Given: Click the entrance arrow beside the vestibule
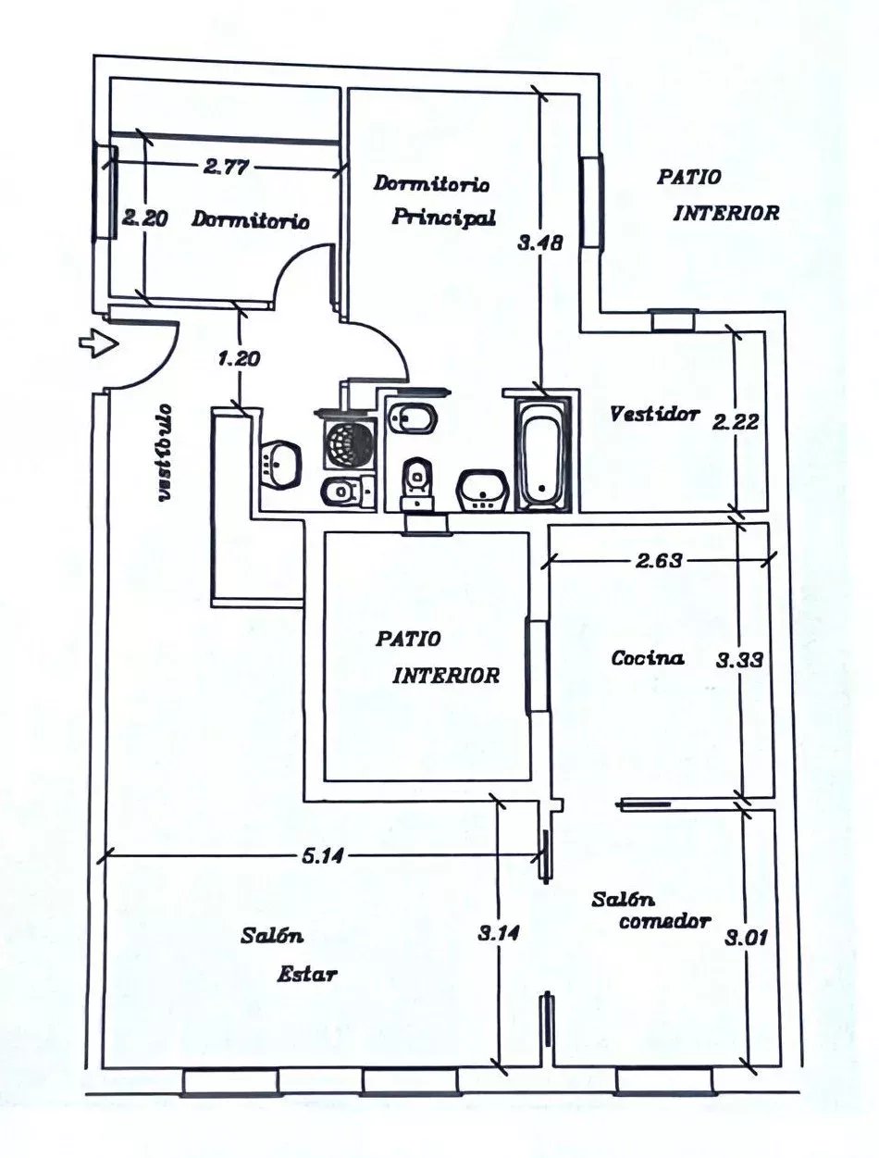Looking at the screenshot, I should [x=97, y=344].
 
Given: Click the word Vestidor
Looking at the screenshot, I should [x=654, y=414].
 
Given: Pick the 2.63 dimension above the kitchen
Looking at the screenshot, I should [x=660, y=560].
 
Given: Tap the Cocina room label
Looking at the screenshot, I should [x=648, y=658].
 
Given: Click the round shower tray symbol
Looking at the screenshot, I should [x=350, y=444].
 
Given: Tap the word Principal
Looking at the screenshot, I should [x=443, y=218].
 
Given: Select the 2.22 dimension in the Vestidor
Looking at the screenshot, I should [x=736, y=422].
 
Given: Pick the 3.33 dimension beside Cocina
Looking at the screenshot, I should [x=739, y=660].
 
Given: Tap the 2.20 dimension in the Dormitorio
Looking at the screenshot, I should [x=144, y=218].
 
